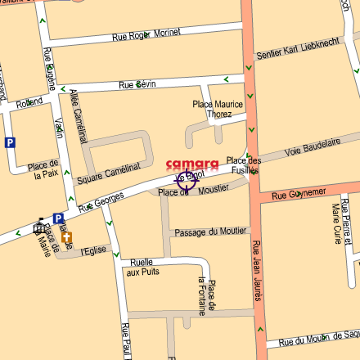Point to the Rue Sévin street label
click(x=137, y=84)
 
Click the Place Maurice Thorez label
click(x=218, y=109)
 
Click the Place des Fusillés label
click(x=243, y=165)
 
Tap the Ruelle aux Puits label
click(x=141, y=267)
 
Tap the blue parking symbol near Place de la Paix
click(x=10, y=142)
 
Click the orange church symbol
click(x=66, y=237)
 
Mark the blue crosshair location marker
click(x=186, y=181)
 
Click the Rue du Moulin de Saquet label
click(x=318, y=339)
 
